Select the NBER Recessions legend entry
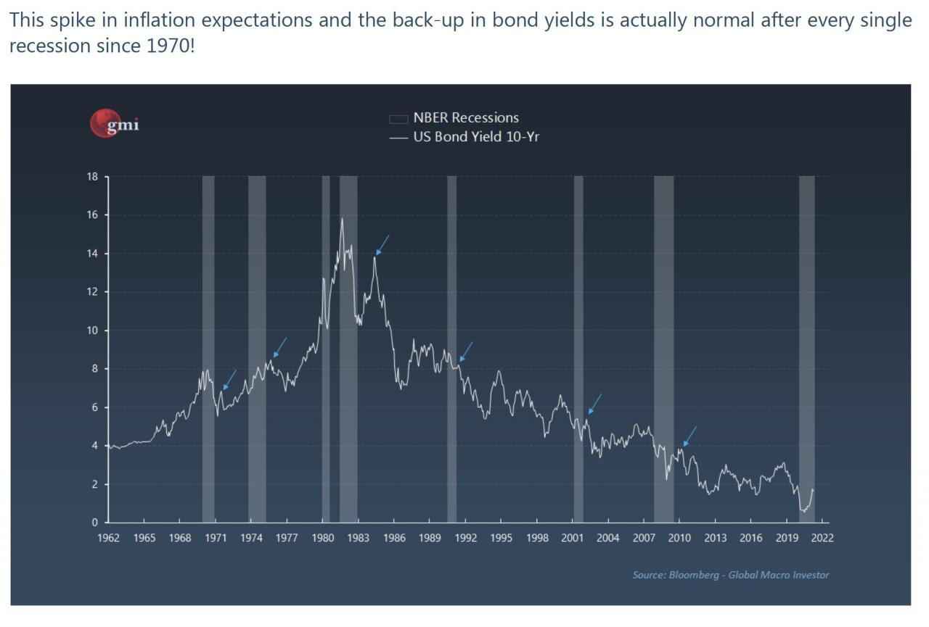pos(465,117)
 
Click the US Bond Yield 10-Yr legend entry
pos(475,136)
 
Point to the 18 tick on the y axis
pos(93,177)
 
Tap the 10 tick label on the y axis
pos(93,331)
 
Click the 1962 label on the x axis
pos(108,538)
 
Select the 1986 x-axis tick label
pos(394,538)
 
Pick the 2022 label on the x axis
pos(822,538)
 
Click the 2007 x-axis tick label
pos(644,538)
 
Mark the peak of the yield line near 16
pos(342,218)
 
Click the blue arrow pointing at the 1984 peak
pos(382,245)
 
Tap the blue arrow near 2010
pos(689,436)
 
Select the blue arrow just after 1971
pos(229,380)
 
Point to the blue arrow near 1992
pos(466,352)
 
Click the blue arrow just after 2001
pos(595,404)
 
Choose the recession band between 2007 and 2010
pos(663,348)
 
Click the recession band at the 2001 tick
pos(578,348)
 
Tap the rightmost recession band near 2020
pos(806,348)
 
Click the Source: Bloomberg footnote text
pos(730,575)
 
